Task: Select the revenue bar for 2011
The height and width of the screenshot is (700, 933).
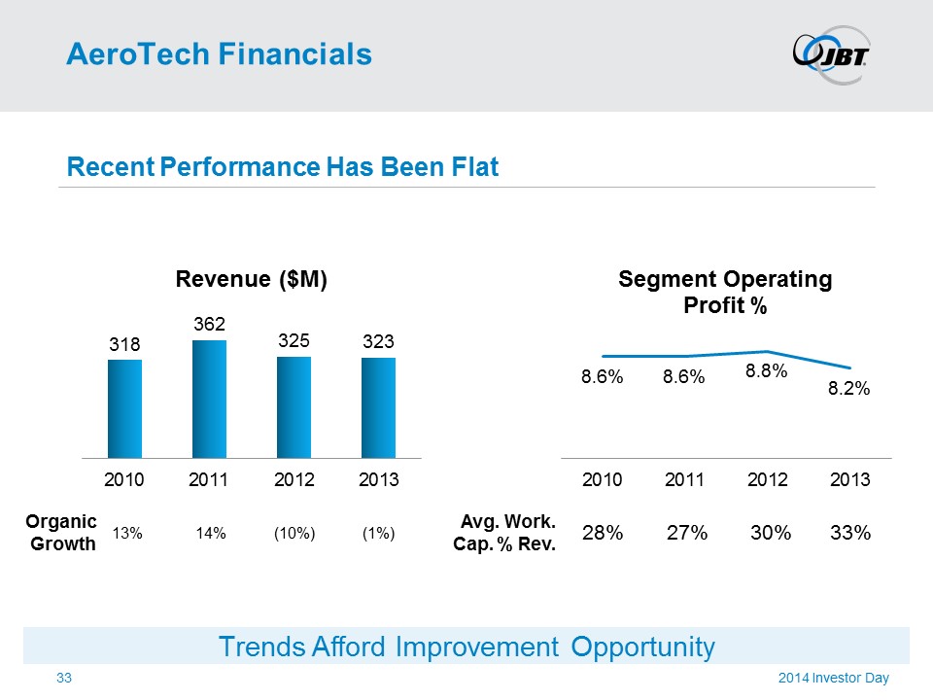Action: pyautogui.click(x=209, y=399)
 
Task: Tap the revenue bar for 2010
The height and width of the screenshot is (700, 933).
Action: pyautogui.click(x=124, y=408)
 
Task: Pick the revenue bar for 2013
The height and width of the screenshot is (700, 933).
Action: pyautogui.click(x=378, y=407)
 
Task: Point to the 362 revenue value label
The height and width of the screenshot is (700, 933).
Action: pyautogui.click(x=209, y=323)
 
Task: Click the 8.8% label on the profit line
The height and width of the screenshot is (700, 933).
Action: pyautogui.click(x=766, y=370)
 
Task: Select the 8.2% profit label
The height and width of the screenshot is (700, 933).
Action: pyautogui.click(x=848, y=388)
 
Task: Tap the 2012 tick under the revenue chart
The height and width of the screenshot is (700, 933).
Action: pyautogui.click(x=294, y=479)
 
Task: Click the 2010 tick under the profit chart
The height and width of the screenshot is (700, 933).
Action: pyautogui.click(x=603, y=479)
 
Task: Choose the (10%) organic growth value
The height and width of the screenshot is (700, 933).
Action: pyautogui.click(x=294, y=533)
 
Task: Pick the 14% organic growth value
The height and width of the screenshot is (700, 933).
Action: pyautogui.click(x=210, y=533)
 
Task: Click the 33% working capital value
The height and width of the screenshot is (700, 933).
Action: pyautogui.click(x=850, y=533)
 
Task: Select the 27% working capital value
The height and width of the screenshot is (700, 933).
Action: pyautogui.click(x=686, y=533)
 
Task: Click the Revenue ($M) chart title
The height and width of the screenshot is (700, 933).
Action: pyautogui.click(x=251, y=280)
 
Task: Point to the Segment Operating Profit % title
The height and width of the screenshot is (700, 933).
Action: pyautogui.click(x=725, y=293)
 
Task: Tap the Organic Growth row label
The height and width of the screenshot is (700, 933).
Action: pyautogui.click(x=64, y=533)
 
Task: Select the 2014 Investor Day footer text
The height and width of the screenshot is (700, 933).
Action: pyautogui.click(x=833, y=678)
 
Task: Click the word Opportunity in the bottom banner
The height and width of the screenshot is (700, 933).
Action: pyautogui.click(x=642, y=647)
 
